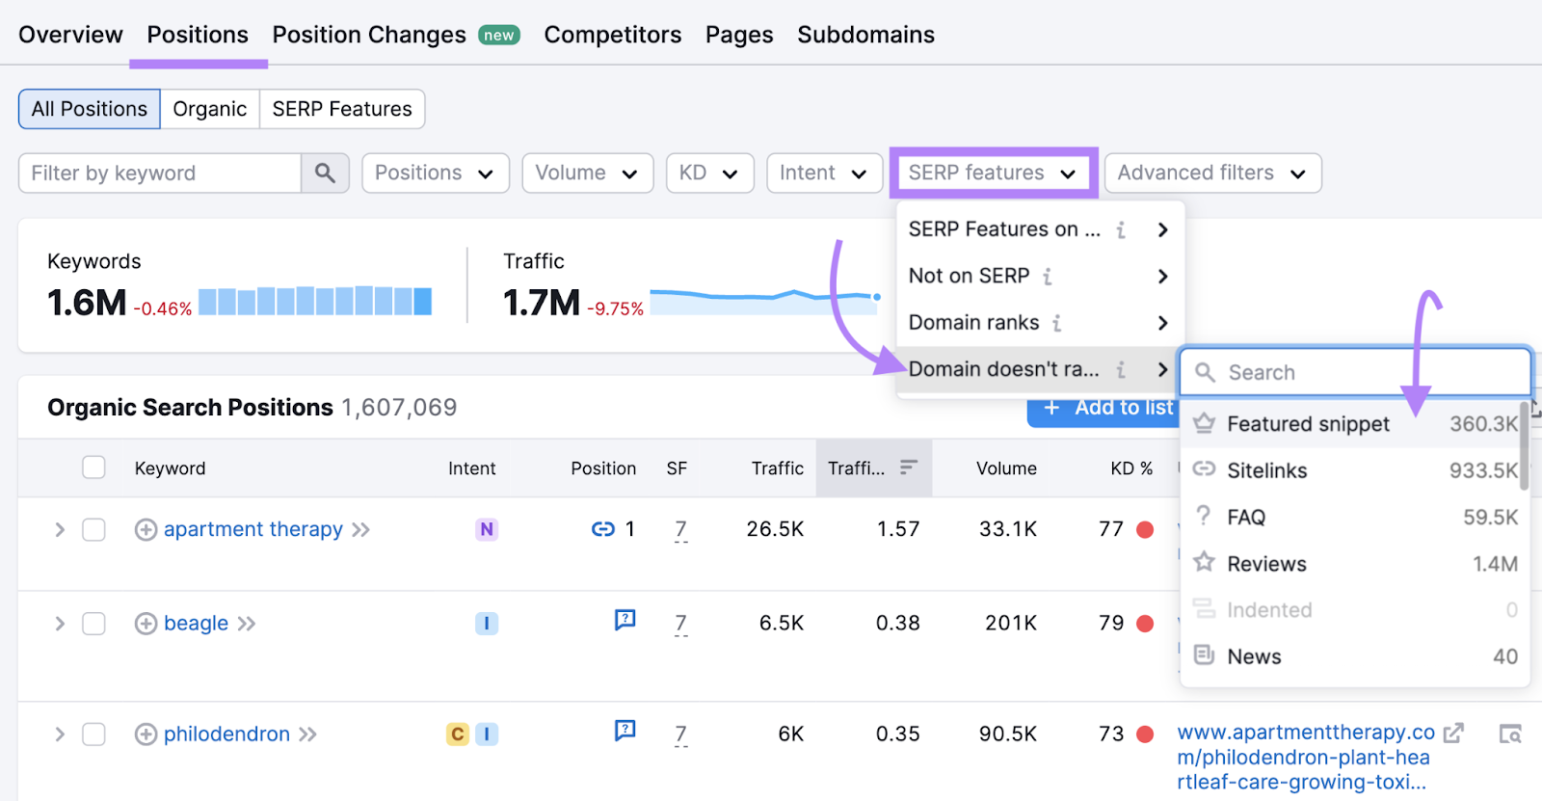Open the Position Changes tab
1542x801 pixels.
[369, 35]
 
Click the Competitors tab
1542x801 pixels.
[612, 35]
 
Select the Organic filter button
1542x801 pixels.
[209, 109]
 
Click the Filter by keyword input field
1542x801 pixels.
[160, 174]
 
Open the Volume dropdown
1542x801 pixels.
[587, 174]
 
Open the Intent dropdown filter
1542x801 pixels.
[824, 174]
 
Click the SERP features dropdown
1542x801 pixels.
[993, 174]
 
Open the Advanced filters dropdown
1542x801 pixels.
[1211, 174]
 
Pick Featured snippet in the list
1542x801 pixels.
[1308, 424]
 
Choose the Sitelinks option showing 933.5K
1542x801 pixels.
[1266, 471]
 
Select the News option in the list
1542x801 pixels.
[1254, 657]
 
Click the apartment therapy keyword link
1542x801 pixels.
[253, 530]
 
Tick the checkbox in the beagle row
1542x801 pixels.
[93, 624]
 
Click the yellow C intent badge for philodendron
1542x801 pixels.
[458, 734]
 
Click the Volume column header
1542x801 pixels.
[1005, 468]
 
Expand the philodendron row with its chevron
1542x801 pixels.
[60, 734]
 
